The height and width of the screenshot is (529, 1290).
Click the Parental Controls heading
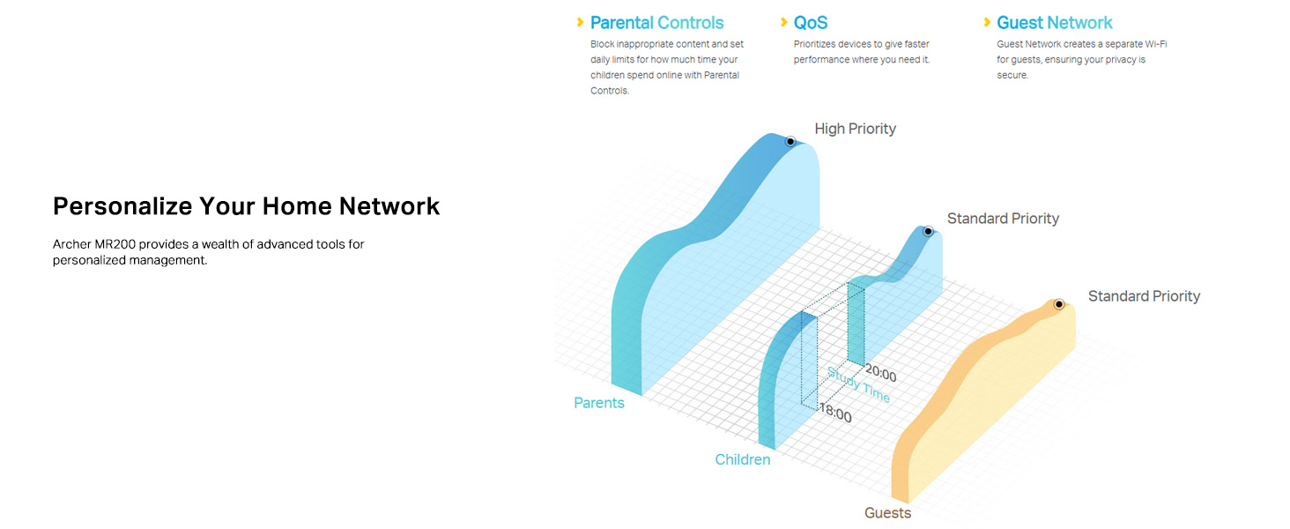[x=656, y=22]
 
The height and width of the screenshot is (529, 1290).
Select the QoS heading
[x=811, y=22]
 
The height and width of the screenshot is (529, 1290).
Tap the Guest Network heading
[x=1055, y=22]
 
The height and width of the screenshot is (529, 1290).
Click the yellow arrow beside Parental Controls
[x=580, y=22]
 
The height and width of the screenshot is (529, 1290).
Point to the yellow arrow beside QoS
[x=784, y=22]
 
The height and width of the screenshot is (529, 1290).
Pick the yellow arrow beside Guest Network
[x=987, y=22]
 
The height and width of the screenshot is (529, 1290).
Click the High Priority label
[x=856, y=129]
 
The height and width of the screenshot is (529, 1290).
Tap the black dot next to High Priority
[x=790, y=141]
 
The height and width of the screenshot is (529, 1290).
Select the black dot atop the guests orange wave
[x=1059, y=304]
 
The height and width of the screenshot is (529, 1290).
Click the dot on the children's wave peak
[x=929, y=232]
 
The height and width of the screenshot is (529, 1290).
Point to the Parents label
[x=599, y=403]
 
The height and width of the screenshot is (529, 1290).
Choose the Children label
[x=742, y=459]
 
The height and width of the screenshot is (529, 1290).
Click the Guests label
[x=887, y=513]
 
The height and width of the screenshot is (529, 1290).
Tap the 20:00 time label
[x=880, y=374]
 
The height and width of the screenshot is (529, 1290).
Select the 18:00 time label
[x=835, y=413]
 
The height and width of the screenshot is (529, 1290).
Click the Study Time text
[x=858, y=384]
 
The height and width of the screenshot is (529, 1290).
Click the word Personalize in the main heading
[x=122, y=206]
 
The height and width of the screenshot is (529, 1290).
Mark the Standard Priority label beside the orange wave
[x=1144, y=296]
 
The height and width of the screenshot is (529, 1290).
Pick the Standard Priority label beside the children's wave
[x=1004, y=219]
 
